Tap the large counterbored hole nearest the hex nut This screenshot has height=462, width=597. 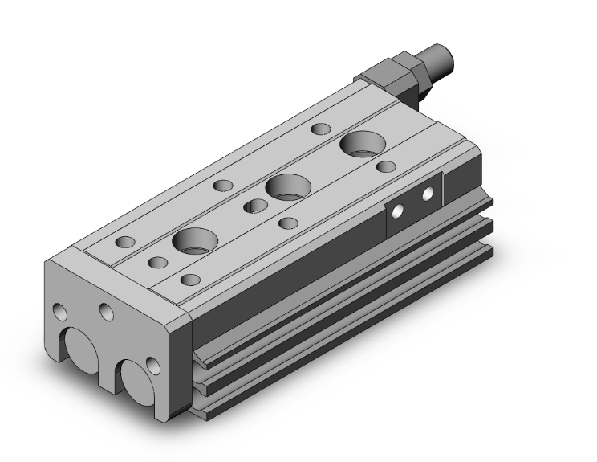click(361, 145)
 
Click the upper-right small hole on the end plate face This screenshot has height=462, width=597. click(106, 310)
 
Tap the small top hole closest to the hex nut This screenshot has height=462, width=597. click(320, 129)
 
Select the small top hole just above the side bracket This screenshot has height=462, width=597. click(386, 166)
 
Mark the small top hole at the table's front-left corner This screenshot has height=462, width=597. click(125, 242)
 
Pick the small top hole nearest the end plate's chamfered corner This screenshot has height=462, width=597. click(189, 280)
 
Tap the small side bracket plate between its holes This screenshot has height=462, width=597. click(412, 204)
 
